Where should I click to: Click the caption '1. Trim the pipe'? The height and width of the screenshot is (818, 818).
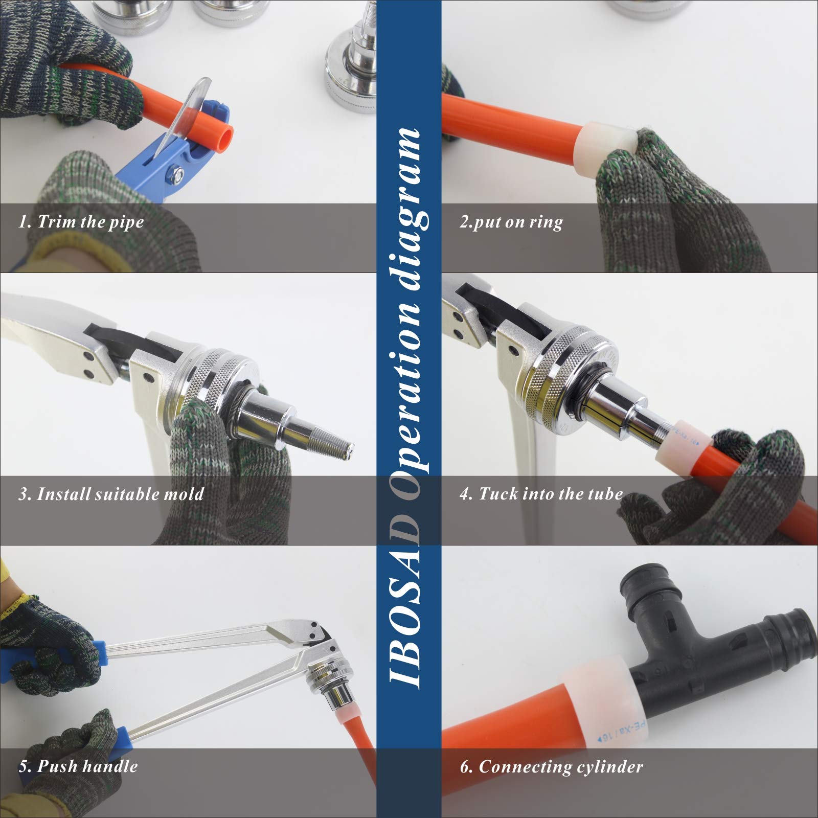tap(81, 222)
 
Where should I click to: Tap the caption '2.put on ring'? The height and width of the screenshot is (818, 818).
tap(510, 222)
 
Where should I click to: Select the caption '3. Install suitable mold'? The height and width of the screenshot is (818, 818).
tap(111, 494)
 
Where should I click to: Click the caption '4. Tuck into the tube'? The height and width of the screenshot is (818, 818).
tap(541, 493)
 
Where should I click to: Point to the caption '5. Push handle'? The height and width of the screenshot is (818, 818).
tap(78, 765)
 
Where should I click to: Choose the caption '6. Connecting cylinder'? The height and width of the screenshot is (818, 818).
tap(551, 766)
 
